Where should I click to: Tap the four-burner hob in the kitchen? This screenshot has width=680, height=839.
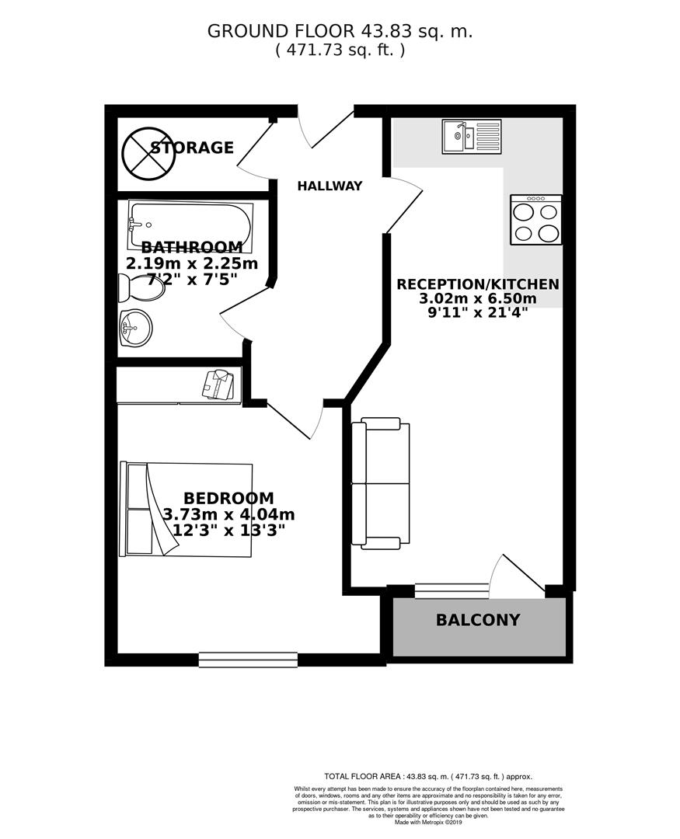(536, 220)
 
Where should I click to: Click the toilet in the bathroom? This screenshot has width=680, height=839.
(140, 289)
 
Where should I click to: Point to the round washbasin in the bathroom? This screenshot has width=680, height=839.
(135, 328)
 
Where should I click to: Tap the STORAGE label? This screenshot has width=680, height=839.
(192, 148)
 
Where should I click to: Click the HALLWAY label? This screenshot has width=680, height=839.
(330, 186)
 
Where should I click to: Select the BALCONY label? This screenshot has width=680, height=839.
(478, 620)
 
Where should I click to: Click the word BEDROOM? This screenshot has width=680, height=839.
(228, 498)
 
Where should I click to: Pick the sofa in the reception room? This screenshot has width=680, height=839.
(380, 482)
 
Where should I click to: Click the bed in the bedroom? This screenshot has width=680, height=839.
(187, 510)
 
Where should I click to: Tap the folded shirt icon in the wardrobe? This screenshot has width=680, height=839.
(218, 385)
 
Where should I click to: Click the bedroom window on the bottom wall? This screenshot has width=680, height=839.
(248, 660)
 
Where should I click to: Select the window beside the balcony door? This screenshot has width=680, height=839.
(441, 591)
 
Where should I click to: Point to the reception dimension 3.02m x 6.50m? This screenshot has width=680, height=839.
(478, 299)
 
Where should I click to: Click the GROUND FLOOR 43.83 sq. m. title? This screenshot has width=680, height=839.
(340, 31)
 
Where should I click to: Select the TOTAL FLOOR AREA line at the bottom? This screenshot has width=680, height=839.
(427, 776)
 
